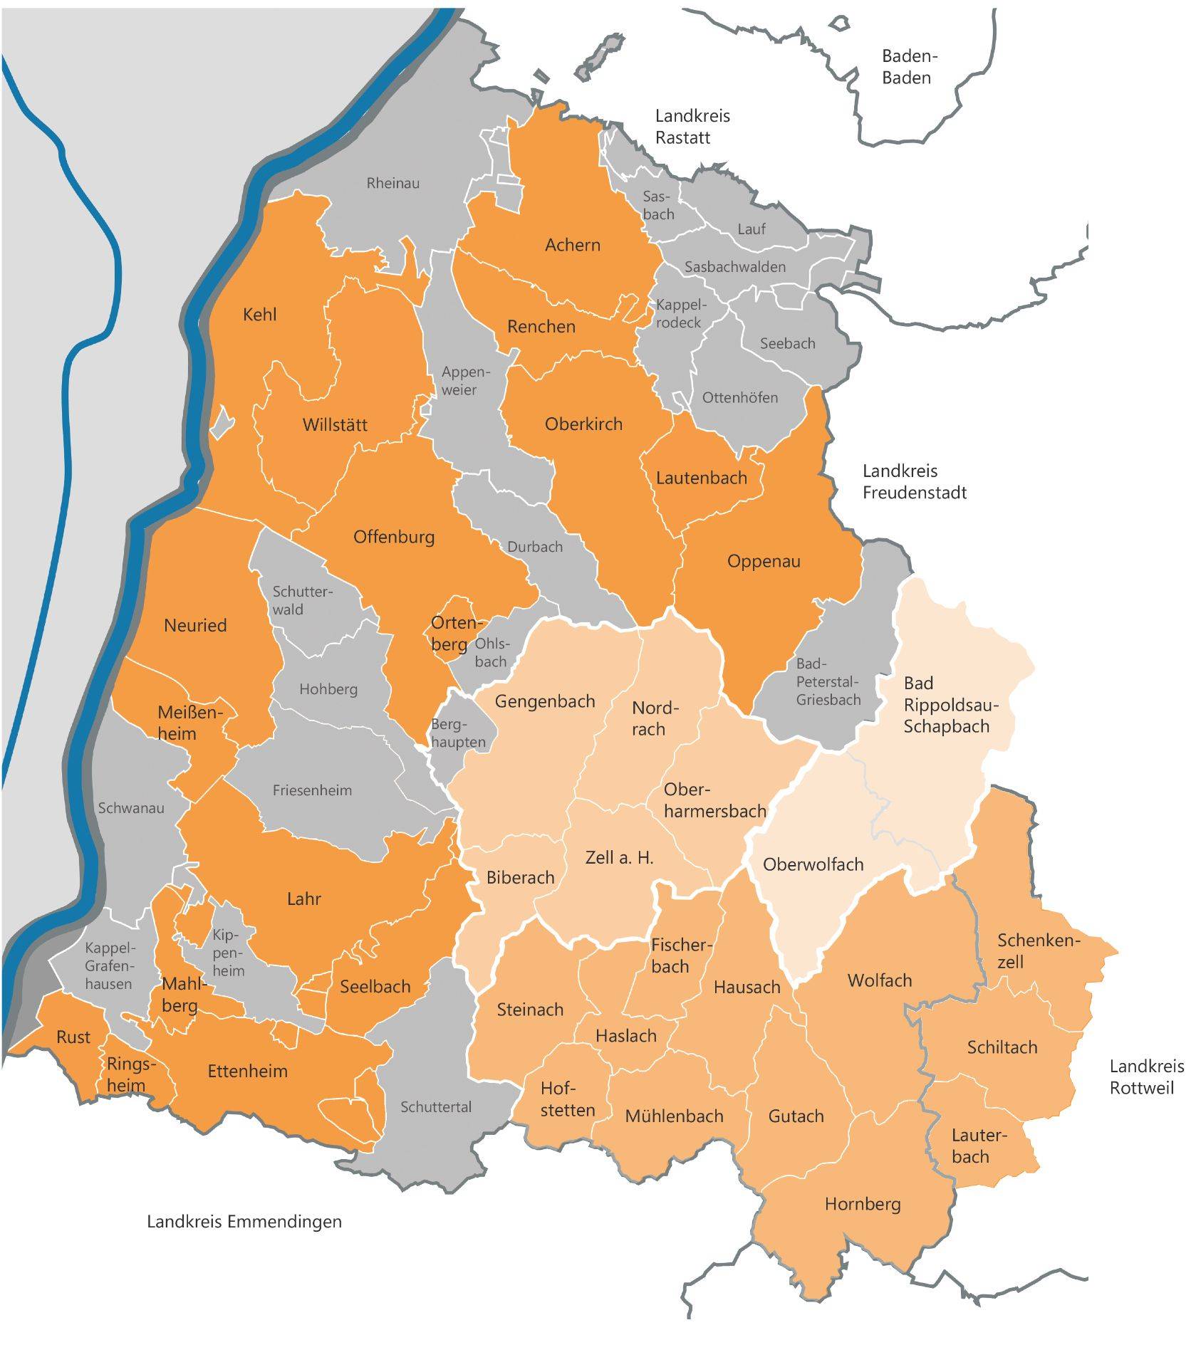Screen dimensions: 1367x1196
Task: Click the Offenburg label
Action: pos(394,537)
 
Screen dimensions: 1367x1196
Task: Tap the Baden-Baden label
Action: pos(906,67)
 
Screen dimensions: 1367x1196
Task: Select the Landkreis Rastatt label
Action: pos(692,127)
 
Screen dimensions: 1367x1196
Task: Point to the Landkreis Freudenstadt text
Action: pos(914,481)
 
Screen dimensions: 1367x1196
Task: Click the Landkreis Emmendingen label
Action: pos(244,1222)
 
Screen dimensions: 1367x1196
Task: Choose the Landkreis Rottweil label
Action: pos(1146,1077)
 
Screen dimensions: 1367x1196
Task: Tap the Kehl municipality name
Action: pos(259,315)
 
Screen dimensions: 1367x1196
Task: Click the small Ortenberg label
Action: pos(453,633)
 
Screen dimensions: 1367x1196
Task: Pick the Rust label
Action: pos(73,1037)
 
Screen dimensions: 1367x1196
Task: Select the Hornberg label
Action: pos(862,1204)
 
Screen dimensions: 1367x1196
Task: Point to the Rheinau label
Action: pos(392,184)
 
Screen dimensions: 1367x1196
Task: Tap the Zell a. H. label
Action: pos(618,858)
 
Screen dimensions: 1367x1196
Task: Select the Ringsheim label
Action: pos(130,1074)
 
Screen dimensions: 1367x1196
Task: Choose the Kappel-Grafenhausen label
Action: pos(108,966)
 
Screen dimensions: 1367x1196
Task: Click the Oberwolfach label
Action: pos(813,864)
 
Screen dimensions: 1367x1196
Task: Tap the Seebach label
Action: pos(787,344)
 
